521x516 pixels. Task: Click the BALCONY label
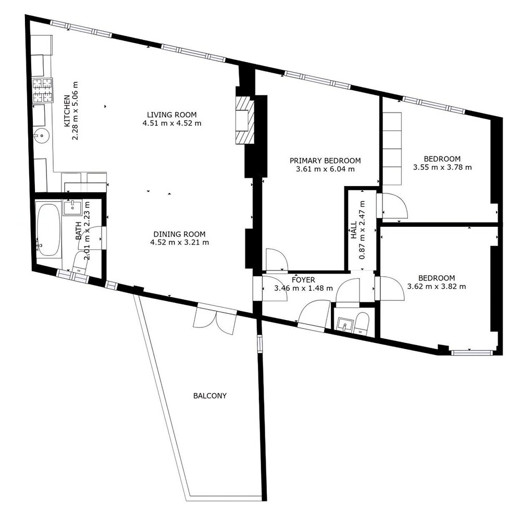209,396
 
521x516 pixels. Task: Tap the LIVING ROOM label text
172,115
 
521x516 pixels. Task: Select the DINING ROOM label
179,234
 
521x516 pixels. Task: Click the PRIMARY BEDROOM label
325,161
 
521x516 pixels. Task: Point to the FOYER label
303,280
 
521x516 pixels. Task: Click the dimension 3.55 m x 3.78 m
442,167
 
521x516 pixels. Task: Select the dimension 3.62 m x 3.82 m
436,286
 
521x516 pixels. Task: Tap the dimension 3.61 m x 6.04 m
325,169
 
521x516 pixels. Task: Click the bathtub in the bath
48,230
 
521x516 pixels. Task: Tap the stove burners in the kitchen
43,90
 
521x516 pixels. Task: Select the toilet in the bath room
80,263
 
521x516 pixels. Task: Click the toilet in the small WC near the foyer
362,323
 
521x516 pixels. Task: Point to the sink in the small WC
345,324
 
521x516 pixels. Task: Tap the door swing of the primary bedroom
276,260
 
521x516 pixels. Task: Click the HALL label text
354,230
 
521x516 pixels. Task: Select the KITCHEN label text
67,110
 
